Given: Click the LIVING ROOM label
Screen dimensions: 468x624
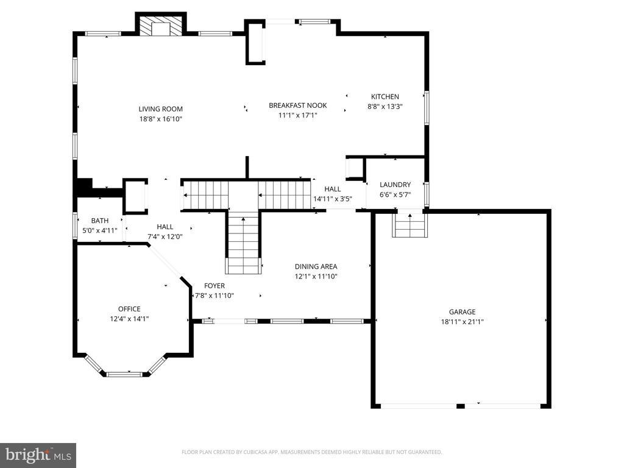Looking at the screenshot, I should [x=160, y=109].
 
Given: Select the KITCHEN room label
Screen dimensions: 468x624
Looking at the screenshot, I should [x=385, y=96].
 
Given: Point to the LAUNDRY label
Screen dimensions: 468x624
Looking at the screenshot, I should [x=395, y=185].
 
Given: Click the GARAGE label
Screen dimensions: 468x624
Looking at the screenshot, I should [x=463, y=312].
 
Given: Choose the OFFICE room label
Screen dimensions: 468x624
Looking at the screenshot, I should [x=129, y=309].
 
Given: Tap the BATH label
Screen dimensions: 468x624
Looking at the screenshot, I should [x=99, y=221].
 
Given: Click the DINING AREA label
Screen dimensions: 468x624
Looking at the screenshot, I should [x=316, y=266].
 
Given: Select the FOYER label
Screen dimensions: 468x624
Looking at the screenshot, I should [x=214, y=286].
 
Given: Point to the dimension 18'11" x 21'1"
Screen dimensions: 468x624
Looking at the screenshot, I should [x=463, y=322].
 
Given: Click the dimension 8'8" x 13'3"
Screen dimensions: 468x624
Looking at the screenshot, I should [x=385, y=106].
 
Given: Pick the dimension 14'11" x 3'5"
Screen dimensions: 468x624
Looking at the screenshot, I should [x=333, y=199].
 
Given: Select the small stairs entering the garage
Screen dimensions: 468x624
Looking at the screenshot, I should [x=409, y=227].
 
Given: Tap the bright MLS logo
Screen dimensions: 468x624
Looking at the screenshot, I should [x=38, y=455].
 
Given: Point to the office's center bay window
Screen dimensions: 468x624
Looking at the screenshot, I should [x=128, y=373].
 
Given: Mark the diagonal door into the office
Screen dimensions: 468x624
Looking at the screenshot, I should [x=166, y=262].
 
